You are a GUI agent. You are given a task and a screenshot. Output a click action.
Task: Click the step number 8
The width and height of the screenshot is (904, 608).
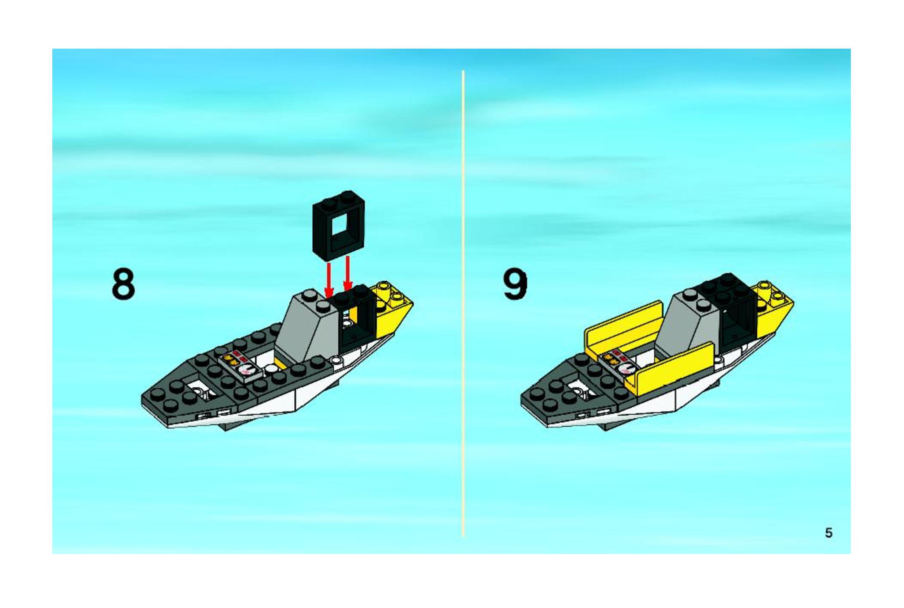point(123,284)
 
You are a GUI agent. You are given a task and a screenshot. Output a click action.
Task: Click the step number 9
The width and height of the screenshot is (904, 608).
point(515,284)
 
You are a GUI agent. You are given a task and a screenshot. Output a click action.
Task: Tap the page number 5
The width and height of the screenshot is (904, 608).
point(829,533)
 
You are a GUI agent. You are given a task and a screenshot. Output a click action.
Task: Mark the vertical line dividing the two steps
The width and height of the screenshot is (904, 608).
point(464,303)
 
